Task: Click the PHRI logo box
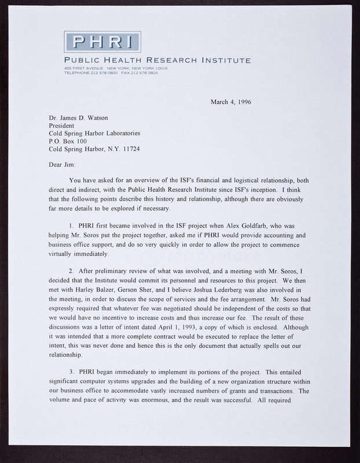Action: click(102, 42)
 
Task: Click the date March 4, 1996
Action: click(235, 102)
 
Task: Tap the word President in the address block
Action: click(63, 125)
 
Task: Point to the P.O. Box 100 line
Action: click(68, 140)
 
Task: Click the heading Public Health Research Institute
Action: click(157, 60)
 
